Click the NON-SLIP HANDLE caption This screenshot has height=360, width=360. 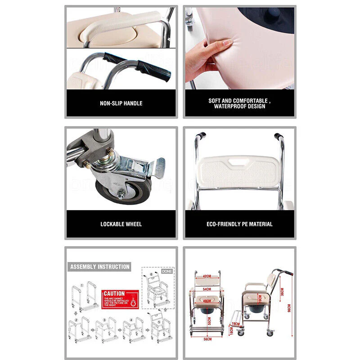121,103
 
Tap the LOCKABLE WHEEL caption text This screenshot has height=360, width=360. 121,224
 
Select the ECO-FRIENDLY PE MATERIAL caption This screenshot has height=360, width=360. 239,224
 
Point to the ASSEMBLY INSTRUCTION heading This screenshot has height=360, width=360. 100,267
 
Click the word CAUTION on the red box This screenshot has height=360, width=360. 114,293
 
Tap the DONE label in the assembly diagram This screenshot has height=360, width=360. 167,271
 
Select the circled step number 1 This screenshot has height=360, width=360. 82,284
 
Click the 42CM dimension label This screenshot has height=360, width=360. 207,277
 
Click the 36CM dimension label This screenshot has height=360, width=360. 281,292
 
